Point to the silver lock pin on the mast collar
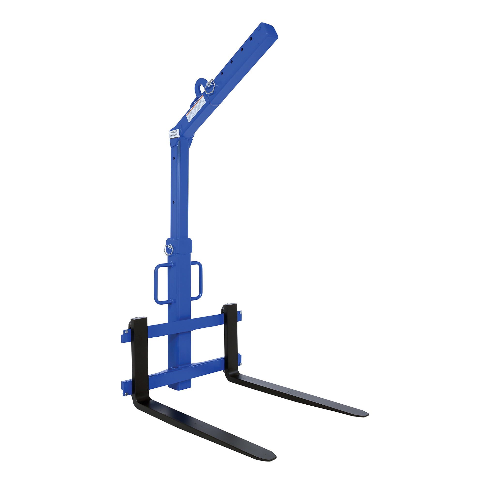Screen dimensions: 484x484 (169, 250)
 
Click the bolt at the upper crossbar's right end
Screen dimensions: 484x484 (241, 313)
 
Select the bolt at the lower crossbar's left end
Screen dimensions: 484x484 (126, 394)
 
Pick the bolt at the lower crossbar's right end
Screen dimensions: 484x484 (240, 364)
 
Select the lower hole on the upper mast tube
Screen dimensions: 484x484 (174, 202)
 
